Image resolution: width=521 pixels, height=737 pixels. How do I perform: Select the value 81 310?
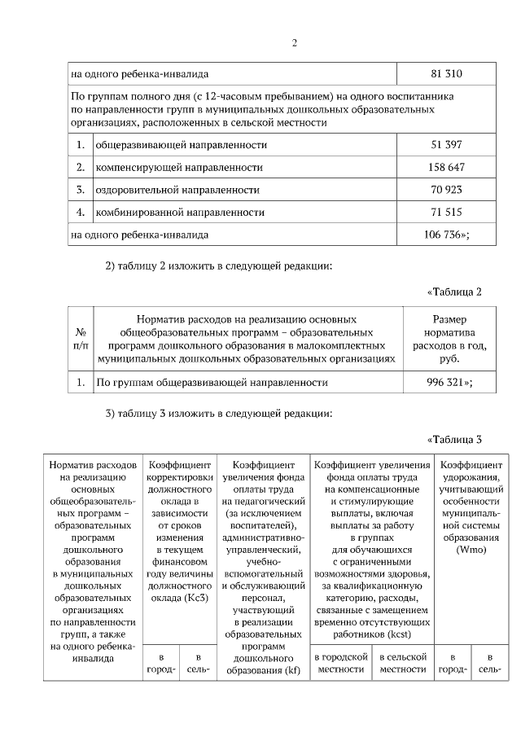pos(446,74)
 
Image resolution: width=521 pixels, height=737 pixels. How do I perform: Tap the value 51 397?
pos(446,144)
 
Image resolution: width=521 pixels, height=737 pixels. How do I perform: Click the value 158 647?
pos(446,167)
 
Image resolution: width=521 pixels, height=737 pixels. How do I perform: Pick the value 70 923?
pos(446,190)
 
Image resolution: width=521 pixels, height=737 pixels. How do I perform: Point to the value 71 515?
pos(446,213)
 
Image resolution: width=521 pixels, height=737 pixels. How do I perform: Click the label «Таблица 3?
pos(455,440)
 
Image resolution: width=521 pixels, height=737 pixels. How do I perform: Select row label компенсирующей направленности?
pos(179,167)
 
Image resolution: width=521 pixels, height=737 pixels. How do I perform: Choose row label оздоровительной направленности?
pos(177,190)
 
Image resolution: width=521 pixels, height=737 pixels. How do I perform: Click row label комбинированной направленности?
pos(180,213)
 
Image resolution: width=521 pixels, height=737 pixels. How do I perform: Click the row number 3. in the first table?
pos(81,190)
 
